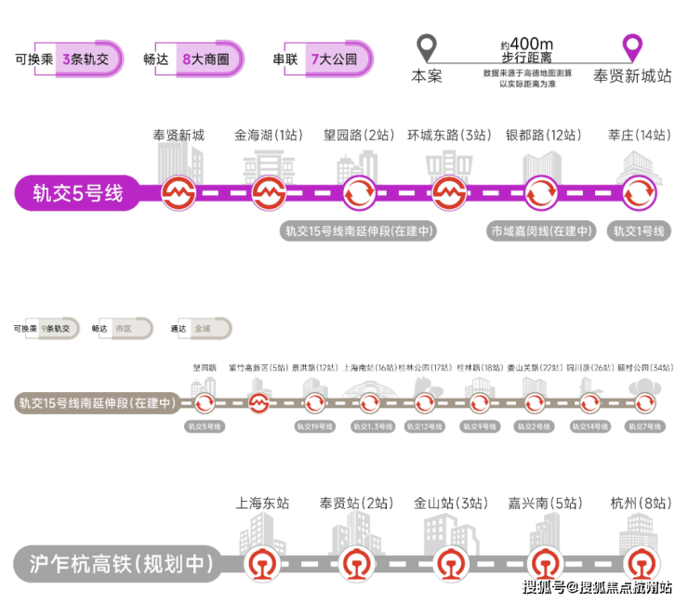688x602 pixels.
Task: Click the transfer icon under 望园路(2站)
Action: tap(360, 194)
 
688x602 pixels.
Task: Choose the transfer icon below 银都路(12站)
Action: tap(542, 194)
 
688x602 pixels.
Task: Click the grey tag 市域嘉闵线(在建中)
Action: tap(542, 231)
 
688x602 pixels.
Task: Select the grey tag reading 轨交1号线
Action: tap(638, 231)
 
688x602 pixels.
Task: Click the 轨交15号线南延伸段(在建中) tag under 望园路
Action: tap(359, 231)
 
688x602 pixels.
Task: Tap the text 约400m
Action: tap(526, 44)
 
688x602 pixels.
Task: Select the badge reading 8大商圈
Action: tap(205, 59)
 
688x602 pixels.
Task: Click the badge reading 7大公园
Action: tap(333, 59)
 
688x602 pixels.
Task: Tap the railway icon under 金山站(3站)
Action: tap(451, 563)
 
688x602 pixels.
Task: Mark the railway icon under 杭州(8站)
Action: tap(640, 563)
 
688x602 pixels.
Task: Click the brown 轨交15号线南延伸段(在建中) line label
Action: tap(97, 403)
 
